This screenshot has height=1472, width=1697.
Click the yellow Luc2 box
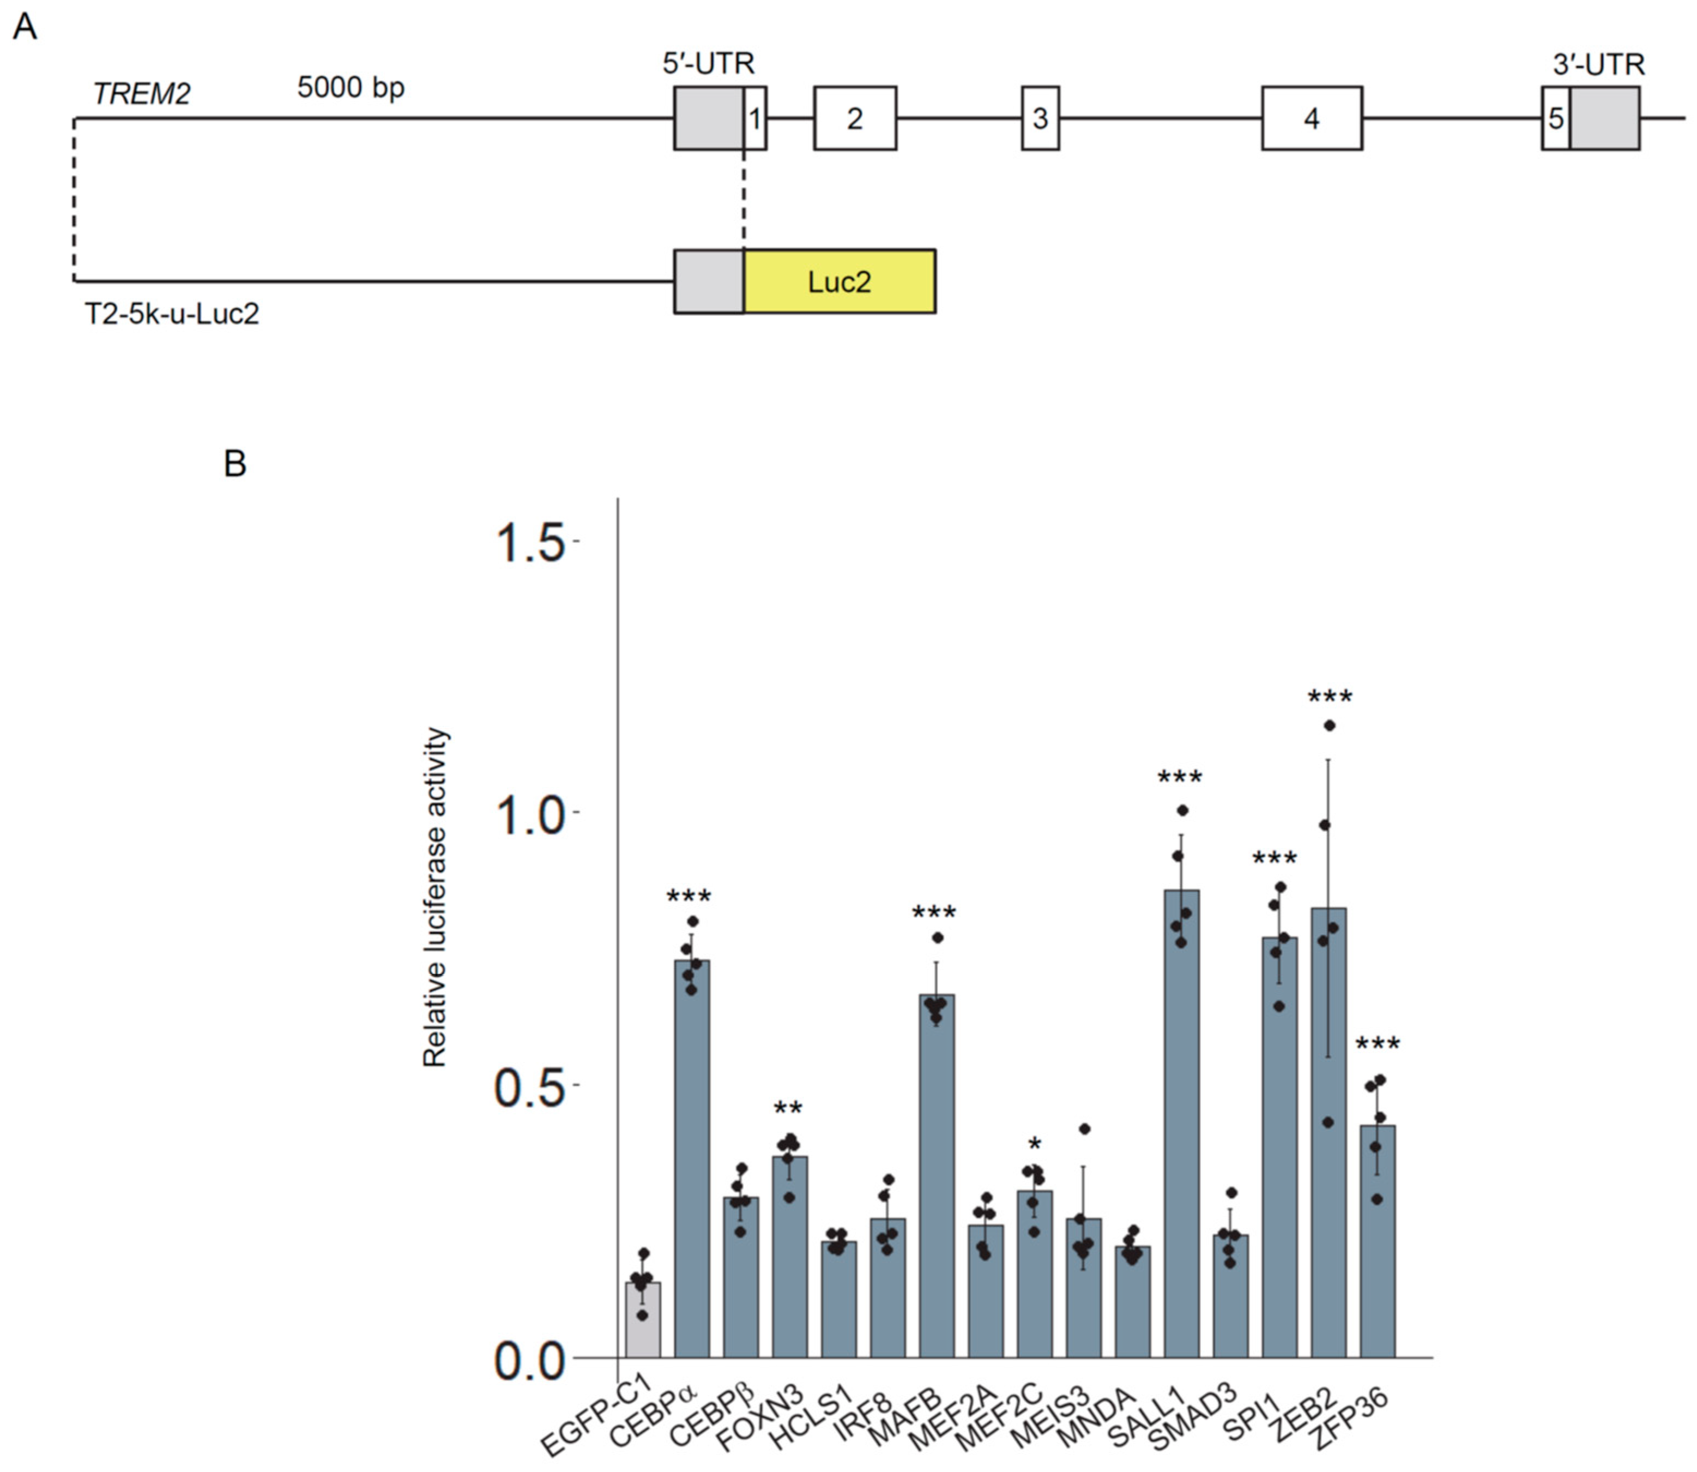tap(839, 282)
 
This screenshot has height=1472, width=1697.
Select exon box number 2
tap(855, 118)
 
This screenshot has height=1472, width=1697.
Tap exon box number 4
tap(1311, 118)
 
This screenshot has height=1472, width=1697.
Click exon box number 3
tap(1040, 118)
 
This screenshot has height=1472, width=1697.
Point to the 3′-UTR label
tap(1598, 64)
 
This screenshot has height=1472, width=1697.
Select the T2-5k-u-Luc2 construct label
tap(172, 314)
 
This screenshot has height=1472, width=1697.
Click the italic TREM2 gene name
tap(141, 94)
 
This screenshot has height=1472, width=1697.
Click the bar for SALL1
tap(1181, 1125)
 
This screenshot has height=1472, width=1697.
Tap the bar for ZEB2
tap(1327, 1133)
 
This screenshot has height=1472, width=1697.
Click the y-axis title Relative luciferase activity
tap(434, 897)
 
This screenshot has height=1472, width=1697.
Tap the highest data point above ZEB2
tap(1329, 725)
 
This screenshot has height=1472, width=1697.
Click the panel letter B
tap(235, 464)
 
